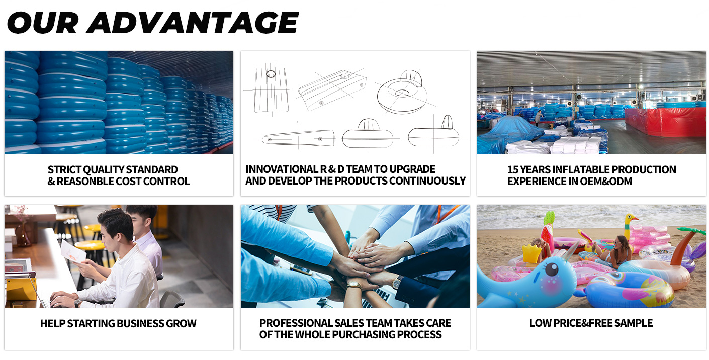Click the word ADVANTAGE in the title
[x=193, y=23]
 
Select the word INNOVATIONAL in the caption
[x=282, y=169]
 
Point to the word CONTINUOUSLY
[x=427, y=181]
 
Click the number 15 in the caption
[x=513, y=170]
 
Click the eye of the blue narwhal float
[x=552, y=269]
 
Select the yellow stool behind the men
[x=94, y=245]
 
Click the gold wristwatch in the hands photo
[x=354, y=284]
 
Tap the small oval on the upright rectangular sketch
[x=271, y=74]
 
